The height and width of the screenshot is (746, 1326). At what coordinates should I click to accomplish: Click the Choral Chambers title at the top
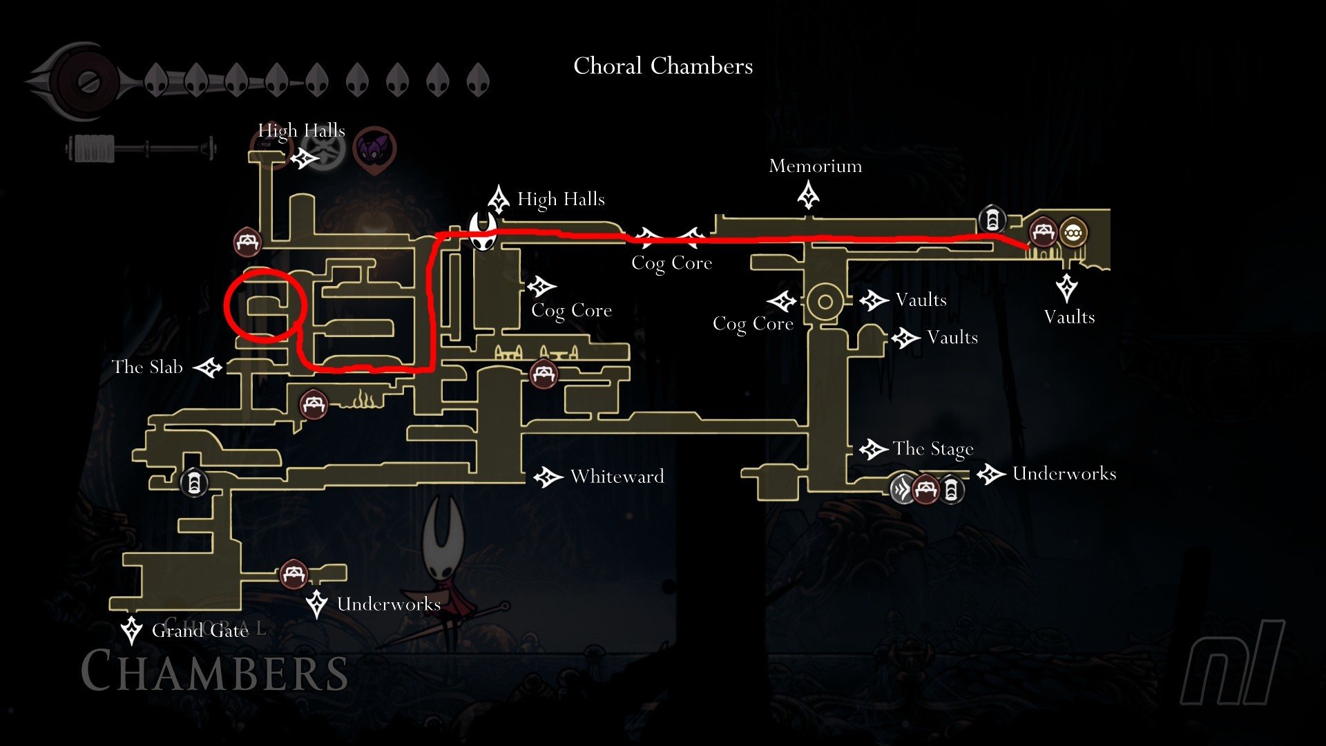point(663,66)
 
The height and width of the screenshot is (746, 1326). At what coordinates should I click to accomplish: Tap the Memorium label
point(815,166)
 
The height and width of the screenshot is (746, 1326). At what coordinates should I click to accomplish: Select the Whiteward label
point(617,477)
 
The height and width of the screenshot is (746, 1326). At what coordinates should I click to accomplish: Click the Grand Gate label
point(200,631)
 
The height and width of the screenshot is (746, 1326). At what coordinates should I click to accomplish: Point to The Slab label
point(147,367)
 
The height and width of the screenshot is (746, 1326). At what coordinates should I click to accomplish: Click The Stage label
point(932,449)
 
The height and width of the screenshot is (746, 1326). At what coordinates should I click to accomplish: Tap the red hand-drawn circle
point(265,307)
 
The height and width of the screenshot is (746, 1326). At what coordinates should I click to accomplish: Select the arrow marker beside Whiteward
point(548,477)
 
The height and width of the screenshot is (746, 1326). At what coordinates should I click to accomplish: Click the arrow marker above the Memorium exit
point(808,195)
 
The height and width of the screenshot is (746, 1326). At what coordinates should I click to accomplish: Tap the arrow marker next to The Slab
point(208,367)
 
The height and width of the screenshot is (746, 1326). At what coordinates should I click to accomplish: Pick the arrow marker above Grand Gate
point(131,630)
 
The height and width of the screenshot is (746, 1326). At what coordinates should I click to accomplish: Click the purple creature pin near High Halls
point(375,149)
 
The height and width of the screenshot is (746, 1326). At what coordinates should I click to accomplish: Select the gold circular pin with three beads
point(1073,233)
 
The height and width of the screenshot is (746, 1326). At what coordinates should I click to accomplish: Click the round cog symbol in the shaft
point(825,302)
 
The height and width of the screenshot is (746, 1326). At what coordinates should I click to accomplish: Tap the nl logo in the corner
point(1233,663)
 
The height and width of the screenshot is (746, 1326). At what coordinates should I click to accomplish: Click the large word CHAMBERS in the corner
point(214,671)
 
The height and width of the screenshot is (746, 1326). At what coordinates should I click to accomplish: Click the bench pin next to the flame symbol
point(313,403)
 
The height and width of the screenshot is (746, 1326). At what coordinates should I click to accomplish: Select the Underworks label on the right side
point(1064,474)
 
